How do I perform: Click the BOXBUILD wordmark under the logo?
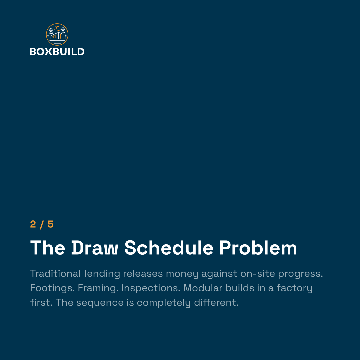click(x=57, y=52)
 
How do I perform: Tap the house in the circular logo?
click(x=57, y=36)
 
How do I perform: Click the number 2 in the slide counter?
click(x=33, y=224)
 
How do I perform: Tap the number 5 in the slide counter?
click(x=51, y=224)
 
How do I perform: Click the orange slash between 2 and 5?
click(x=42, y=225)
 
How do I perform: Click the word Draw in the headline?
click(x=95, y=248)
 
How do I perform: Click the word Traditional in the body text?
click(x=55, y=273)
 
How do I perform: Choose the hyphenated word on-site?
click(x=258, y=273)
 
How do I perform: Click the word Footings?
click(x=52, y=288)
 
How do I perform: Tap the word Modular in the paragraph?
click(x=203, y=288)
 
